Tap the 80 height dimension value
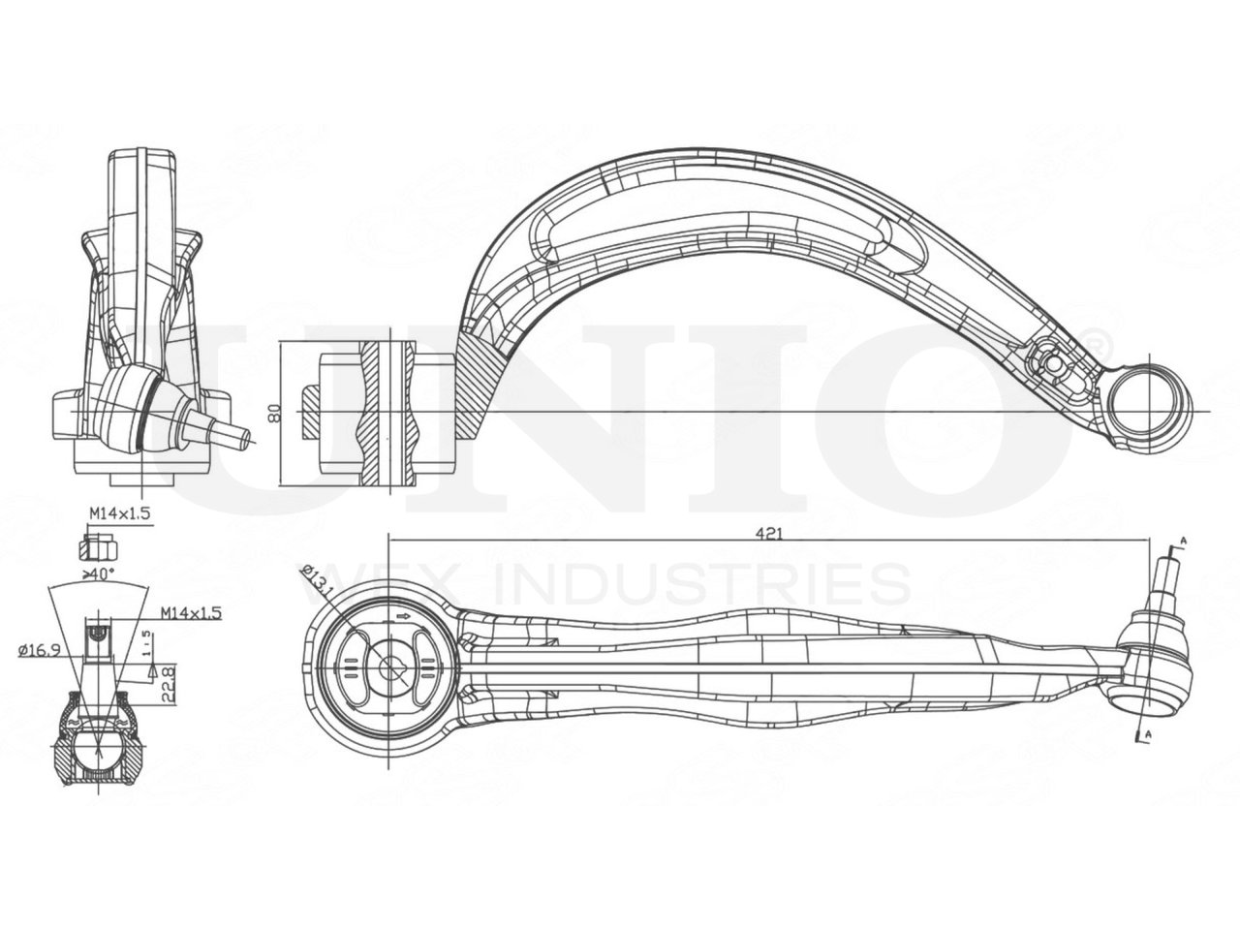[274, 412]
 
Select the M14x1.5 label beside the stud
[192, 613]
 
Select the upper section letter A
[1182, 540]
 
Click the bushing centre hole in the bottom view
[391, 666]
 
